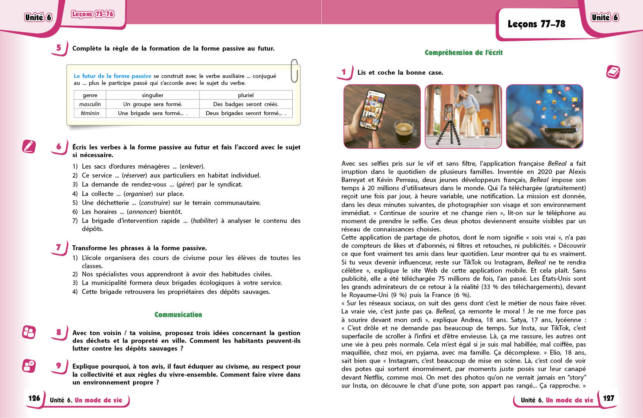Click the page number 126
[34, 398]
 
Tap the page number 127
[608, 398]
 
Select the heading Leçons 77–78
[536, 24]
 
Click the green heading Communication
[178, 315]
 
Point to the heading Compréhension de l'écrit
[463, 53]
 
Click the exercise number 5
[59, 48]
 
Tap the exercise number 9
[59, 366]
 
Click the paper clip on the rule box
[294, 71]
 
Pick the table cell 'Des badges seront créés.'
[246, 104]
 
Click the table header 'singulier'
[152, 95]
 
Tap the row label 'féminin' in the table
[90, 113]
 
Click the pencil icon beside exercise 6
[29, 146]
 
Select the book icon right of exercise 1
[613, 72]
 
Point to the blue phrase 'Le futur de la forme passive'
[112, 76]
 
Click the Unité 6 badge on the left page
[38, 17]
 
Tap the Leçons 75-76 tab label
[93, 14]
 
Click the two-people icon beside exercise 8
[29, 332]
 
